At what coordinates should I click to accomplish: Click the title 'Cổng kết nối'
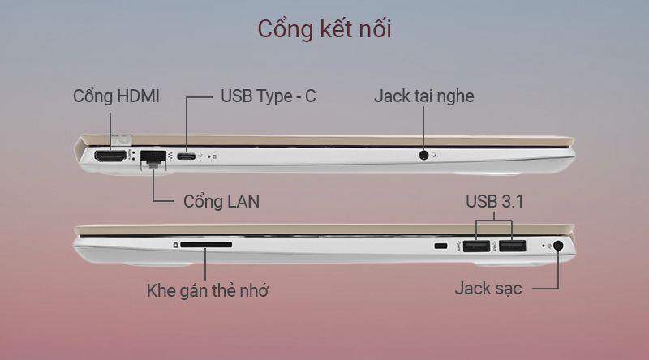click(324, 28)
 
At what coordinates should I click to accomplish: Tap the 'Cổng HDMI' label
click(116, 96)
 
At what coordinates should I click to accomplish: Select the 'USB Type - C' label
click(269, 96)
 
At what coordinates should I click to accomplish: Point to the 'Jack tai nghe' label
click(424, 96)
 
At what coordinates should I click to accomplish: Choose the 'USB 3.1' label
click(495, 201)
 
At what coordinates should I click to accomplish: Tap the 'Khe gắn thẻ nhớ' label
click(208, 289)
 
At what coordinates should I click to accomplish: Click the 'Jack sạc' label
click(488, 289)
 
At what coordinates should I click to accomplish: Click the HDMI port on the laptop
click(110, 156)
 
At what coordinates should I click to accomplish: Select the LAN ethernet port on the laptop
click(152, 156)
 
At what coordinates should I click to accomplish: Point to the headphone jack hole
click(424, 154)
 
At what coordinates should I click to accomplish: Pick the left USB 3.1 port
click(478, 246)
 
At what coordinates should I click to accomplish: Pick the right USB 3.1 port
click(512, 246)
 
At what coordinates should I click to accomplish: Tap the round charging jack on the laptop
click(558, 246)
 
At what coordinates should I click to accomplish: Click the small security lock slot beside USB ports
click(441, 246)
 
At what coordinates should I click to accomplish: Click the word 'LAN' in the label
click(242, 201)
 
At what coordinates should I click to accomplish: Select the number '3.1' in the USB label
click(512, 201)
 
